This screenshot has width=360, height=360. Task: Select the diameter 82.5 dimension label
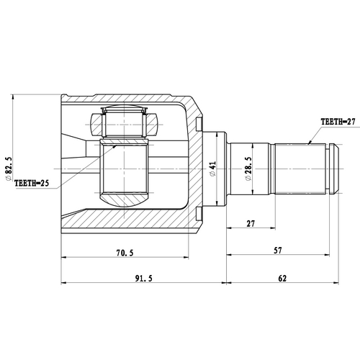9,168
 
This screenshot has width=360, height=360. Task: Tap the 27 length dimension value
250,224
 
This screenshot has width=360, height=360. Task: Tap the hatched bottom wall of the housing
130,223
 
